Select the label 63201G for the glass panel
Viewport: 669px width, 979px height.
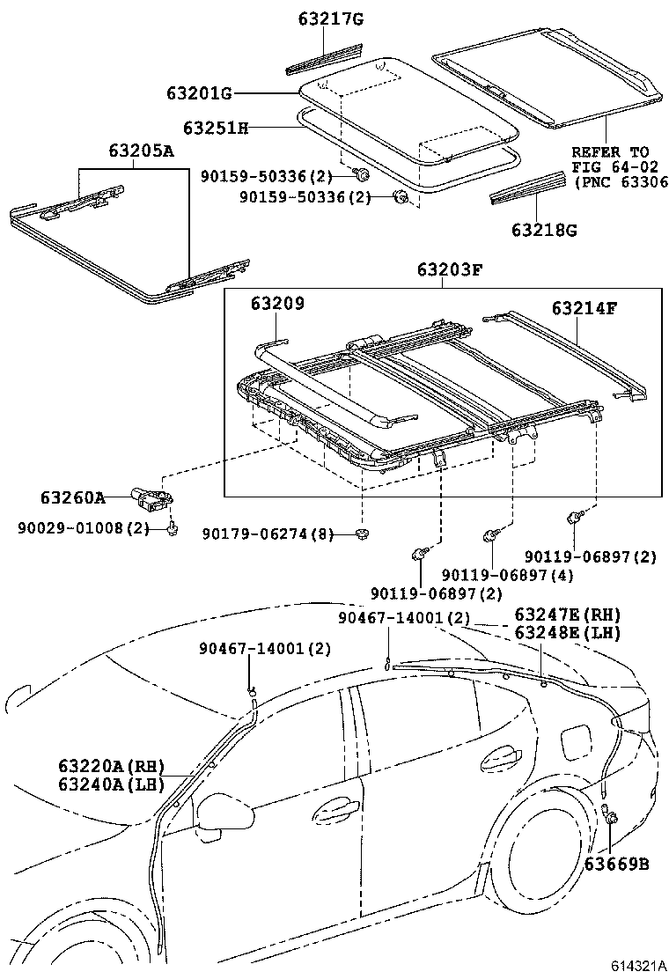point(199,93)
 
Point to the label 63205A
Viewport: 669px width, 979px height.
point(141,151)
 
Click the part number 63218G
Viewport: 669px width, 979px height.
point(545,231)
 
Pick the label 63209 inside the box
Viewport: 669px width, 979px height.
point(276,304)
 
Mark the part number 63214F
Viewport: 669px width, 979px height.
point(584,308)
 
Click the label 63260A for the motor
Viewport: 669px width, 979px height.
point(72,497)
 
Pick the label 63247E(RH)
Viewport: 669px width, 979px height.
point(567,615)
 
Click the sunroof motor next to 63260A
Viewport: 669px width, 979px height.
point(151,497)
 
